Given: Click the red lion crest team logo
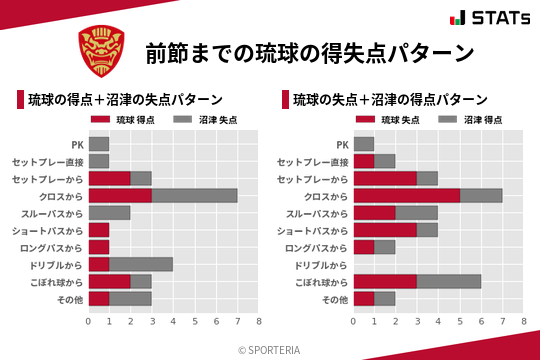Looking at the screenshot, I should click(x=101, y=50).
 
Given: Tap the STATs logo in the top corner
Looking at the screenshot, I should click(x=489, y=18).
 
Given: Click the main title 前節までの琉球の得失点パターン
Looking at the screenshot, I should click(x=308, y=52).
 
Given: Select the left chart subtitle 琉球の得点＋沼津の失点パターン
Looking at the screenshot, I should click(x=125, y=100).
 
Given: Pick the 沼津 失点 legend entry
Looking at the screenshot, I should click(x=199, y=120).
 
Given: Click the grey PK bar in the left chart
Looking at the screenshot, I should click(x=99, y=144).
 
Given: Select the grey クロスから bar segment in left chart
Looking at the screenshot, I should click(x=194, y=195).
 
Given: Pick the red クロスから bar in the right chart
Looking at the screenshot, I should click(x=406, y=195).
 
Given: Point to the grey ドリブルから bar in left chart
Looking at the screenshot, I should click(x=141, y=264).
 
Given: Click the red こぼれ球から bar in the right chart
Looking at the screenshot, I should click(x=385, y=281).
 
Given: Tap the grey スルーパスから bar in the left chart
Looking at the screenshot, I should click(x=110, y=213).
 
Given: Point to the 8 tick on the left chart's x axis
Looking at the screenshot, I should click(x=258, y=322).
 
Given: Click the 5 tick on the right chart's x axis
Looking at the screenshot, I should click(x=460, y=322).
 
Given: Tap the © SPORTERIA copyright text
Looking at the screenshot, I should click(x=270, y=350).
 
